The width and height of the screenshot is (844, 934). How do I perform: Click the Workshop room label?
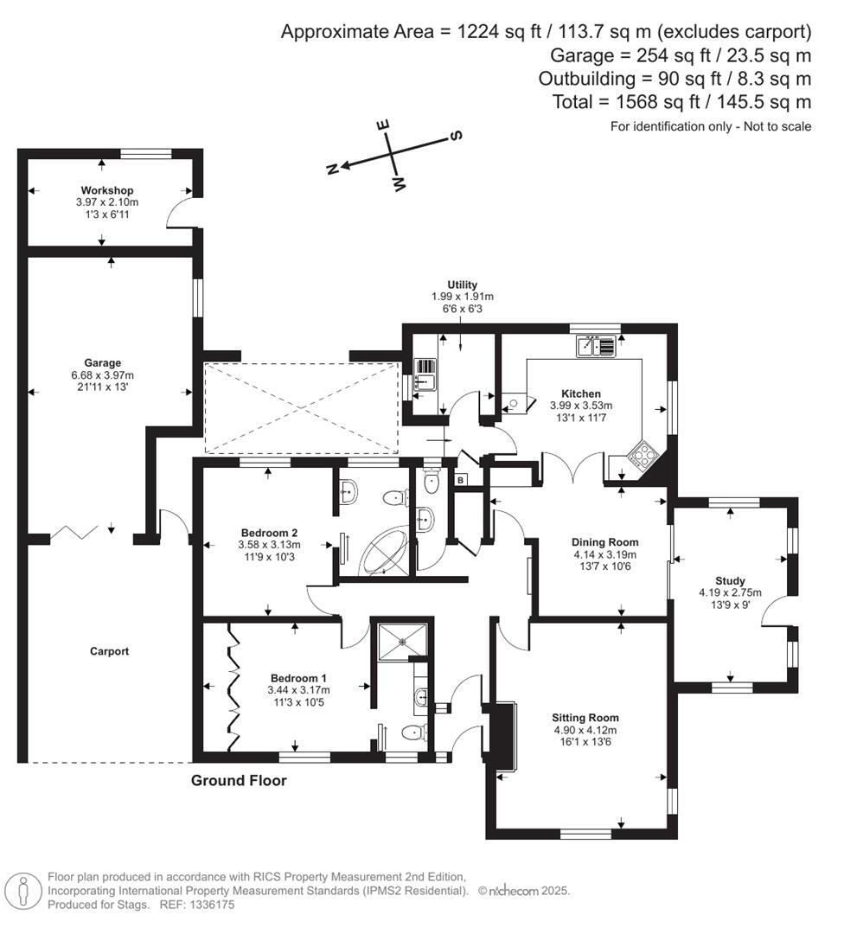point(107,190)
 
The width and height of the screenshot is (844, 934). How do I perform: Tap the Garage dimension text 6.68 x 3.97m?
point(109,375)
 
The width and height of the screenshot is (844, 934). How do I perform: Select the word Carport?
point(110,651)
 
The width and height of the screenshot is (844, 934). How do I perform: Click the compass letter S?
point(457,136)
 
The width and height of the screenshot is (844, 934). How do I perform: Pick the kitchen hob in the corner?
point(643,455)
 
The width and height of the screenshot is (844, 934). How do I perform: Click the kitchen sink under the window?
point(596,346)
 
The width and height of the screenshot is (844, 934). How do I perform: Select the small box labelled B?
point(461,480)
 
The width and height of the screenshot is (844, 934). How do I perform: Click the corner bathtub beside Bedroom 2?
point(385,550)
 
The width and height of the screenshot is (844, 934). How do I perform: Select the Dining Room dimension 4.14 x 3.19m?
point(604,555)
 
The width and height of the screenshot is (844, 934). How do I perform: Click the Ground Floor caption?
point(239,781)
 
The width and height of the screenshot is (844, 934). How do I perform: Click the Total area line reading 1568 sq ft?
point(681,102)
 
